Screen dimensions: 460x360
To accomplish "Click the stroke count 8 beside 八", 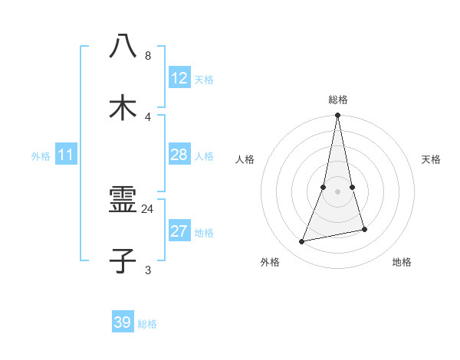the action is [147, 56].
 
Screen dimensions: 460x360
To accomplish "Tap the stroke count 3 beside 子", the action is [147, 270].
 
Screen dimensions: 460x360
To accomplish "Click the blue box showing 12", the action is [179, 78].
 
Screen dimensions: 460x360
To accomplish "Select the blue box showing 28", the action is [179, 155].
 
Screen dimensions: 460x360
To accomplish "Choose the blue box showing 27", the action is [179, 231].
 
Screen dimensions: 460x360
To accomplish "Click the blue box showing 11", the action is [66, 155].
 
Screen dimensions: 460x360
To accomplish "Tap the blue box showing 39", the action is [122, 322].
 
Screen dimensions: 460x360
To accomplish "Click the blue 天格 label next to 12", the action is [204, 79].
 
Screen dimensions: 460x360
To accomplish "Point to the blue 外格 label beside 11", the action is [41, 156].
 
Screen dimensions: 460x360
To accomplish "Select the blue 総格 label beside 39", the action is [147, 324].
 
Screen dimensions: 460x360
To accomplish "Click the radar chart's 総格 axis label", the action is [337, 100].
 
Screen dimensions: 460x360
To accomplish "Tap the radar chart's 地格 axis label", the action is [402, 262].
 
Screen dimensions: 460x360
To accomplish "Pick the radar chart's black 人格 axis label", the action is [245, 159].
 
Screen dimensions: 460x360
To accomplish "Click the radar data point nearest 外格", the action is [302, 241].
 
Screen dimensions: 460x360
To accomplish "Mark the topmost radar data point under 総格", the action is [337, 116].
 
